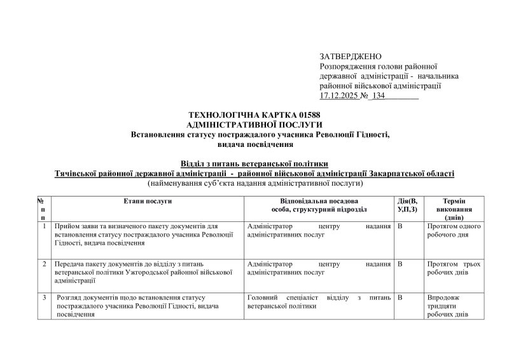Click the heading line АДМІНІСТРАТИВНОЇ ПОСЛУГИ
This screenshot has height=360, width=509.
pos(254,124)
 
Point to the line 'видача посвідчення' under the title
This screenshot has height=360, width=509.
pos(254,144)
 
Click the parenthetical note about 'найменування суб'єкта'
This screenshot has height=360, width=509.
pos(254,183)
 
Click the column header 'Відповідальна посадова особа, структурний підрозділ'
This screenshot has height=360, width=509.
pos(317,205)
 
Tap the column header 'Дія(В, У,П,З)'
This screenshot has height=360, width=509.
pos(407,205)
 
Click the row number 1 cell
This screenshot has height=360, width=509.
pos(43,226)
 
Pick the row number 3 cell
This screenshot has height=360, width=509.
pos(43,296)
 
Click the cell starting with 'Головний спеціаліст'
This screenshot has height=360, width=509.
pos(317,301)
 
